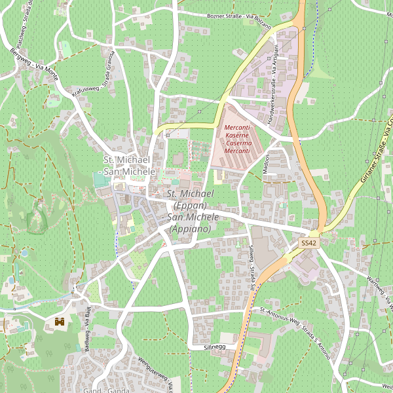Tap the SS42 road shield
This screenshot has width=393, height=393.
[309, 243]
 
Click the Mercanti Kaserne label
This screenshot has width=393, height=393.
[238, 139]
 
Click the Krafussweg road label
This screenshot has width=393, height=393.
[86, 90]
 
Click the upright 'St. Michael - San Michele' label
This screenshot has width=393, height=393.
[130, 166]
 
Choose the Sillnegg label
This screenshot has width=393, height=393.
[214, 346]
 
